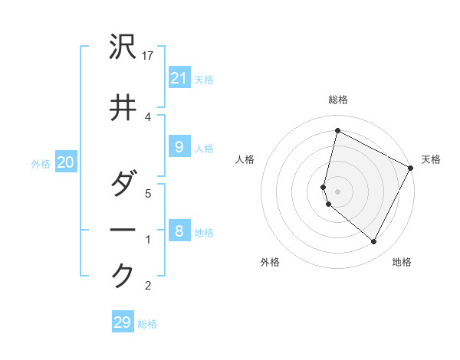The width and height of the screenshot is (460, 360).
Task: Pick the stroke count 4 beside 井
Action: click(x=148, y=116)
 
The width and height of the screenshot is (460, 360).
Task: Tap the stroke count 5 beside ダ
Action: click(x=148, y=193)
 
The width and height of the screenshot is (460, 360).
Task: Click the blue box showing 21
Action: click(x=179, y=78)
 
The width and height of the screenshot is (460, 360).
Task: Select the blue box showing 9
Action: click(x=179, y=148)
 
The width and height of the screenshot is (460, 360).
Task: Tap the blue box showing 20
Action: click(x=65, y=162)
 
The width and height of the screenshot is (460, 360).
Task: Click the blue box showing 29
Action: click(x=122, y=322)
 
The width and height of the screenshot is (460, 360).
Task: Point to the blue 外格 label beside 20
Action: click(x=41, y=163)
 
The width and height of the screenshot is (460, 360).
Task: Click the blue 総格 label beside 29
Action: click(x=147, y=324)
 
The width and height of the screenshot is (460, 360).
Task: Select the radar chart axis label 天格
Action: click(x=431, y=159)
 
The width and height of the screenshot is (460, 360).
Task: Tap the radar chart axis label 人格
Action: click(x=245, y=159)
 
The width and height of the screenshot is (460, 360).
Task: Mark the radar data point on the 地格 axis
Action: click(x=373, y=242)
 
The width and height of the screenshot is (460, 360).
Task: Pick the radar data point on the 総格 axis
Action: click(x=337, y=131)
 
